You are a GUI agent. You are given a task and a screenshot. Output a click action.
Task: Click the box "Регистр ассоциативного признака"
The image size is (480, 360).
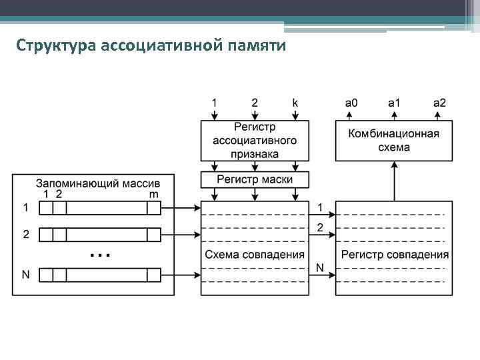(255, 141)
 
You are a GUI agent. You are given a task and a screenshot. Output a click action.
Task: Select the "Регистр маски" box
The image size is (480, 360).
(255, 179)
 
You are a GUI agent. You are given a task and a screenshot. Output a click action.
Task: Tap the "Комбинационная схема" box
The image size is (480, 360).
(393, 141)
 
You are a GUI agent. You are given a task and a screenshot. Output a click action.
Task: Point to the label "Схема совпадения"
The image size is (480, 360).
(255, 254)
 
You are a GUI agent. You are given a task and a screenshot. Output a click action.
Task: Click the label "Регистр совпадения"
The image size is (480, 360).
(395, 254)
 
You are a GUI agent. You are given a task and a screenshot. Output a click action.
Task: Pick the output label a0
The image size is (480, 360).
(351, 103)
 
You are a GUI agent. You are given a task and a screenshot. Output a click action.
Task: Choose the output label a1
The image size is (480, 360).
(395, 103)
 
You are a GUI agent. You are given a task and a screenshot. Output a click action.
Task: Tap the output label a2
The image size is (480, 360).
(439, 103)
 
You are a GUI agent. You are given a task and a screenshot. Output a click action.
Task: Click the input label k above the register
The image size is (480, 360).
(295, 103)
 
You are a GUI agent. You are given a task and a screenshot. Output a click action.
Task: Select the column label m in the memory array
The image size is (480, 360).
(154, 193)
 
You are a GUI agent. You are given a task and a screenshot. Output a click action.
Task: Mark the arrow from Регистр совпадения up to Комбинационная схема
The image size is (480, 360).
(395, 181)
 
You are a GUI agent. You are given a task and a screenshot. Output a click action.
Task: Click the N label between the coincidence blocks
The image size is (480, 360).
(320, 267)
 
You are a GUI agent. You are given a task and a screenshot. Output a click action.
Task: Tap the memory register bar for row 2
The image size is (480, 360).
(100, 235)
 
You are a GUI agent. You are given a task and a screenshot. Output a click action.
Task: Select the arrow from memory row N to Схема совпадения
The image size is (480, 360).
(181, 275)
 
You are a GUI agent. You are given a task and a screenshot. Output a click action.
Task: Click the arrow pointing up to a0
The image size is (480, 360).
(351, 114)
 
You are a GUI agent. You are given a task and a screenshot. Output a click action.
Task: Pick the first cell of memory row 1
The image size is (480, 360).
(46, 208)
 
